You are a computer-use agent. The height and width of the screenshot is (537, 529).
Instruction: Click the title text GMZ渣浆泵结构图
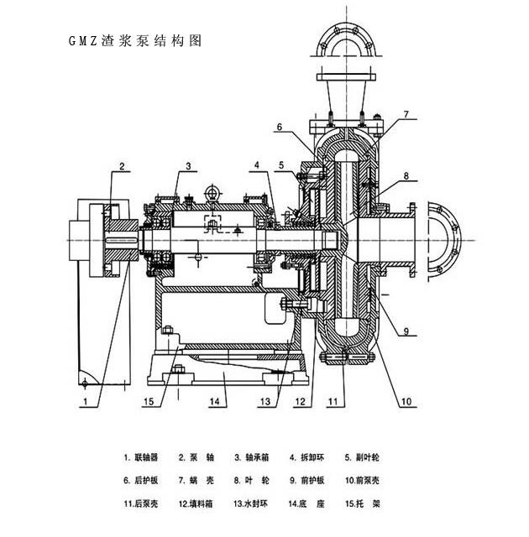(134, 40)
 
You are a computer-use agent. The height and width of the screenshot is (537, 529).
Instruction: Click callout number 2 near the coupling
(122, 167)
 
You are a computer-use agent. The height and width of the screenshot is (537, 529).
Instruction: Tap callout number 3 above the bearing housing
(189, 166)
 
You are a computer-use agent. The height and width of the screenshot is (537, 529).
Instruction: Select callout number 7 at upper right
(405, 114)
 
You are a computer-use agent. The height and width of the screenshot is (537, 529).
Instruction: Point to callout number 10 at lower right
(406, 402)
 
